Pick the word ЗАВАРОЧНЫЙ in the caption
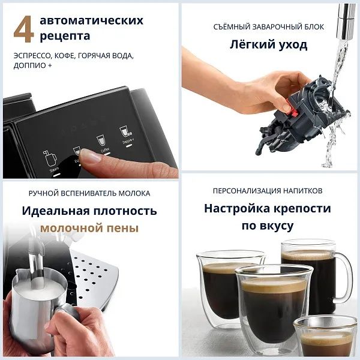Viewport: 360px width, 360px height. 270,27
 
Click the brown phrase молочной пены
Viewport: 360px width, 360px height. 89,228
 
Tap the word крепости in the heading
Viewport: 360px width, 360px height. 299,208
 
